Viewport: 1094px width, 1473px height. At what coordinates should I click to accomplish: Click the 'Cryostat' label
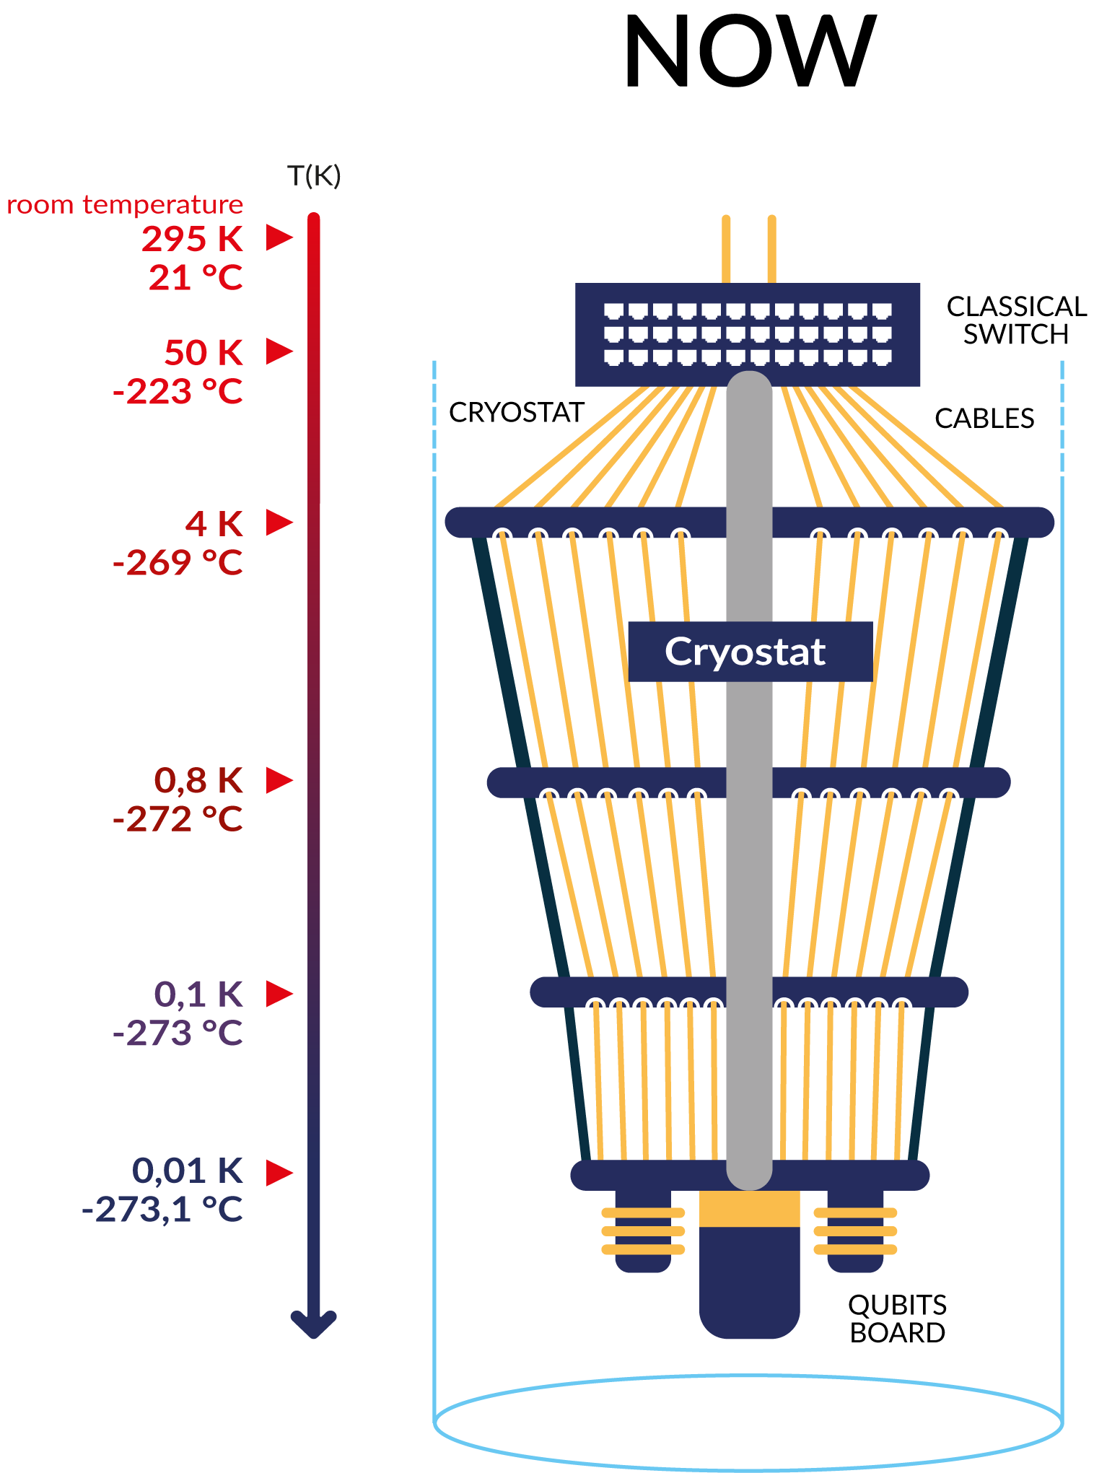pos(746,652)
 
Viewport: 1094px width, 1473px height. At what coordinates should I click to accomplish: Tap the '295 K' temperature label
pos(193,239)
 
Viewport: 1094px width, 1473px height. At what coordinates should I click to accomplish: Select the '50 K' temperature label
pos(204,352)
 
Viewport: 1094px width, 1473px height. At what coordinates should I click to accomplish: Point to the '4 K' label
pos(214,524)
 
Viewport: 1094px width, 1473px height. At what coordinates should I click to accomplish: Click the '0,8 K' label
pos(198,780)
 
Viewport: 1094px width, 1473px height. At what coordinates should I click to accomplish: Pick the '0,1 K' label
pos(198,995)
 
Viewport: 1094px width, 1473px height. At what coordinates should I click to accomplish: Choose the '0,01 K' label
pos(188,1171)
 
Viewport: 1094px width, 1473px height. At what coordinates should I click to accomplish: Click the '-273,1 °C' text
pos(162,1210)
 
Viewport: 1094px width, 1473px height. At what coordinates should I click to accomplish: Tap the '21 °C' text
pos(196,278)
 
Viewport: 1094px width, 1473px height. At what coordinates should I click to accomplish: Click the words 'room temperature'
pos(125,205)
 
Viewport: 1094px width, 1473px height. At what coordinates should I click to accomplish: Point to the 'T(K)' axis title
pos(314,175)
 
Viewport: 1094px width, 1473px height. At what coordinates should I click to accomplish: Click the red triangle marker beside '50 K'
pos(279,351)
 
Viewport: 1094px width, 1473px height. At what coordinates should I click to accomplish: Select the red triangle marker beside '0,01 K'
pos(279,1172)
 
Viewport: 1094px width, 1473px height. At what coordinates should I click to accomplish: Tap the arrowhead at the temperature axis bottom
pos(313,1324)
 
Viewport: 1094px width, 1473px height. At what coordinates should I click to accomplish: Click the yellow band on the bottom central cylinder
pos(749,1209)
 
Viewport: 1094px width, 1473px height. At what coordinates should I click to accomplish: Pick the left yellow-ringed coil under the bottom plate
pos(643,1231)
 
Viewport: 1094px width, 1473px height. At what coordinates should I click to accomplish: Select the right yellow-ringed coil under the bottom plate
pos(855,1231)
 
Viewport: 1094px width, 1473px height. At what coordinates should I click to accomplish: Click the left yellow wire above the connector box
pos(726,248)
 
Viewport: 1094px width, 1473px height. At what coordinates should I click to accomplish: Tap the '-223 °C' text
pos(178,392)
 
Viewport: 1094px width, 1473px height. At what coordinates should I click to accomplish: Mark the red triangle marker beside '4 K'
pos(279,523)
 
